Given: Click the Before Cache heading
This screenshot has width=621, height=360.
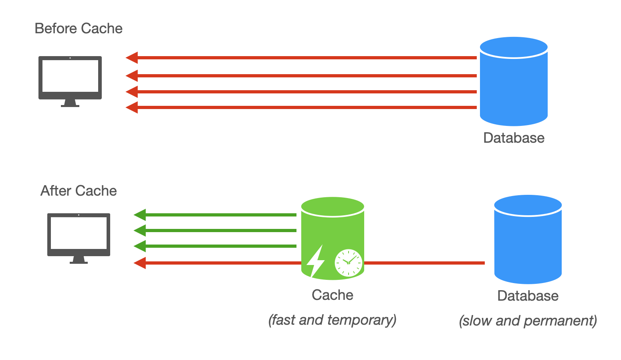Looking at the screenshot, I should [x=79, y=28].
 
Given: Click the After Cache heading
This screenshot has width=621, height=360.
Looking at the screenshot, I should [x=79, y=191].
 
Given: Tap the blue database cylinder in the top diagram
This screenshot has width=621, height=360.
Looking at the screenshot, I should [x=514, y=82].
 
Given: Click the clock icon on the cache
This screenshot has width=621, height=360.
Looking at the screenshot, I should [x=348, y=263].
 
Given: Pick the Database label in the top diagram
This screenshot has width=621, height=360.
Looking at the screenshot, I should [x=514, y=138].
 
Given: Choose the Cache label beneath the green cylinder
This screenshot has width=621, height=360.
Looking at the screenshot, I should [x=333, y=295].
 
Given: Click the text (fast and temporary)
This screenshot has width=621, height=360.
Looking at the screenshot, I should [x=333, y=320].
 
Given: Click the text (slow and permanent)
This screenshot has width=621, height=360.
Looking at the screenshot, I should [x=528, y=321].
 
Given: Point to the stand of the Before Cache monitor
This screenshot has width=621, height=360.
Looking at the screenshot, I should [x=70, y=103].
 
